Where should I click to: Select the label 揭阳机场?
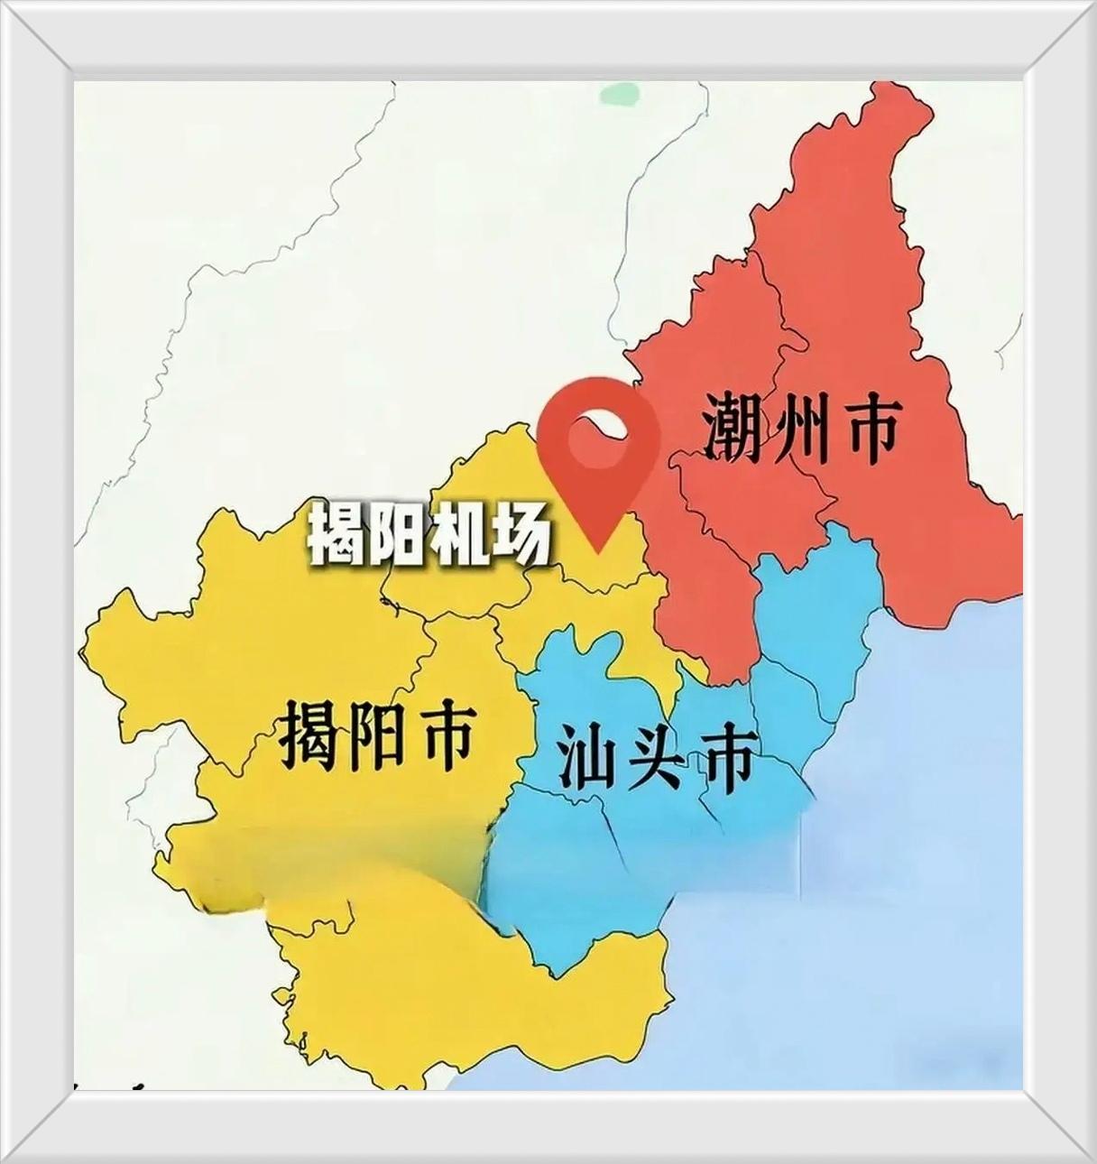pos(429,537)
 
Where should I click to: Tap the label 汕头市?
pos(655,758)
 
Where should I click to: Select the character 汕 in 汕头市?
pos(585,758)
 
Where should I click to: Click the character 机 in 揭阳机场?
pos(459,537)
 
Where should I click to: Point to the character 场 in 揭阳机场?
pos(520,537)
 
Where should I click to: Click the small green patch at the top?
pos(621,93)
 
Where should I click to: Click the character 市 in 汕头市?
pos(725,758)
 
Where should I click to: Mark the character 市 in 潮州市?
pos(869,426)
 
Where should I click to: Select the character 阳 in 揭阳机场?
pos(398,537)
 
